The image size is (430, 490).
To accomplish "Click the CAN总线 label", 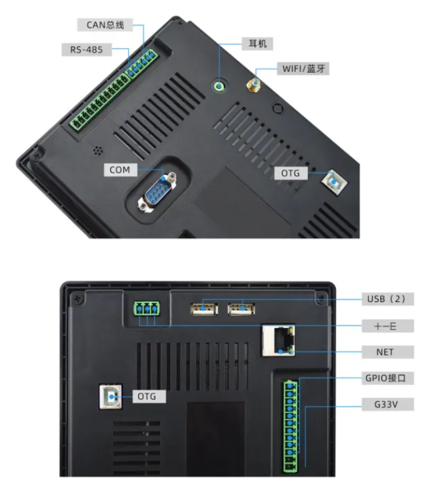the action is pyautogui.click(x=105, y=25).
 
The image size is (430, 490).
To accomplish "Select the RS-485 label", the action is pyautogui.click(x=87, y=50).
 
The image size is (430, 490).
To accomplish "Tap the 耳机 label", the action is pyautogui.click(x=258, y=44).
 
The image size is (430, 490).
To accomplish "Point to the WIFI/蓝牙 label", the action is pyautogui.click(x=303, y=68).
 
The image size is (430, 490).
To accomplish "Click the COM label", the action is pyautogui.click(x=120, y=170).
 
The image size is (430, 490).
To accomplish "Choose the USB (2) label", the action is pyautogui.click(x=388, y=299).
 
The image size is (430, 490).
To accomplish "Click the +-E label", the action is pyautogui.click(x=388, y=326).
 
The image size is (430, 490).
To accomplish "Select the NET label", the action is pyautogui.click(x=388, y=352).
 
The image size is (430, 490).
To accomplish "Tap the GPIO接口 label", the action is pyautogui.click(x=388, y=378).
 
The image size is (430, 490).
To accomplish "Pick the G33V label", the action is pyautogui.click(x=388, y=405).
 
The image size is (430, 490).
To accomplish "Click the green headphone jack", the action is pyautogui.click(x=220, y=85).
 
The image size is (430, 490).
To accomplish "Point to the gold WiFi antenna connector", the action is pyautogui.click(x=254, y=85).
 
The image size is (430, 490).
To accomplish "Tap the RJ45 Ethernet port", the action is pyautogui.click(x=278, y=341).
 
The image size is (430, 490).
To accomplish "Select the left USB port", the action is pyautogui.click(x=204, y=309).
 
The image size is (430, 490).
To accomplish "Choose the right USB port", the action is pyautogui.click(x=241, y=309).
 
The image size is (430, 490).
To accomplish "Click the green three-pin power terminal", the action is pyautogui.click(x=147, y=309).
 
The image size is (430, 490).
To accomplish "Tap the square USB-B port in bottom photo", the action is pyautogui.click(x=110, y=397).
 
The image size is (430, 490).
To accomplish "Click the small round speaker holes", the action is pyautogui.click(x=98, y=151).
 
